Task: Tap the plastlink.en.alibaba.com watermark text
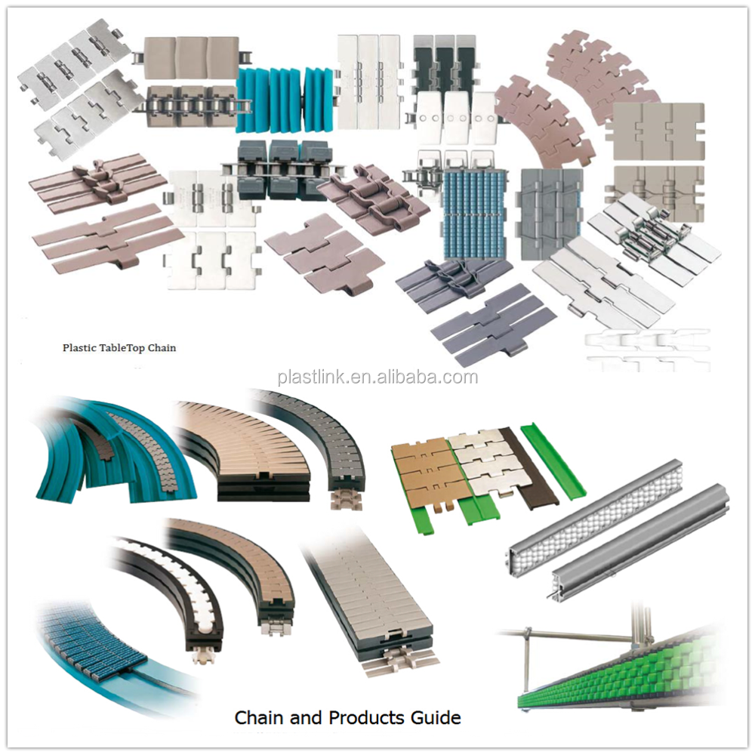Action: (378, 377)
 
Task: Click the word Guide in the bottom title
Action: (436, 717)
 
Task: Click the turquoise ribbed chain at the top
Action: (286, 100)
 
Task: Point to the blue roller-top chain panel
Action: (475, 212)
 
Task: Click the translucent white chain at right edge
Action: (648, 350)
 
